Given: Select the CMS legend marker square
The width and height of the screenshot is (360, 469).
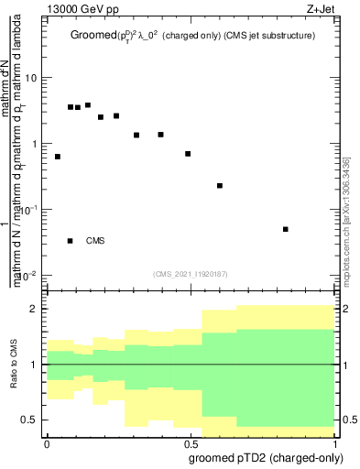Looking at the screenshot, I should (70, 241).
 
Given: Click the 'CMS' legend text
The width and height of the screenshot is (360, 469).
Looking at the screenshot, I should (95, 241).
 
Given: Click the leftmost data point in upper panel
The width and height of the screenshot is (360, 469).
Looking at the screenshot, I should (58, 157).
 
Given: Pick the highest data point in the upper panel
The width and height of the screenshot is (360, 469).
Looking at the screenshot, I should (88, 105).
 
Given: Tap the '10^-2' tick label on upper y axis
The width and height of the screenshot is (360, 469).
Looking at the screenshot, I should (29, 276).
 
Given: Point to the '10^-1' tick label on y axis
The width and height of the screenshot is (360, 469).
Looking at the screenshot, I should (29, 210).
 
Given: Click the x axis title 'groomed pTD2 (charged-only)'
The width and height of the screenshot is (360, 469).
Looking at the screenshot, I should (265, 457).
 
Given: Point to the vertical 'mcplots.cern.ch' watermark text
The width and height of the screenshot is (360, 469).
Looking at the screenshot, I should (346, 229).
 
